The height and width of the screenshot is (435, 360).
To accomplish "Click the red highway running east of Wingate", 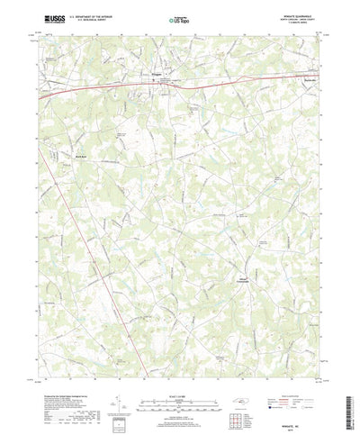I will click(x=234, y=77).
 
